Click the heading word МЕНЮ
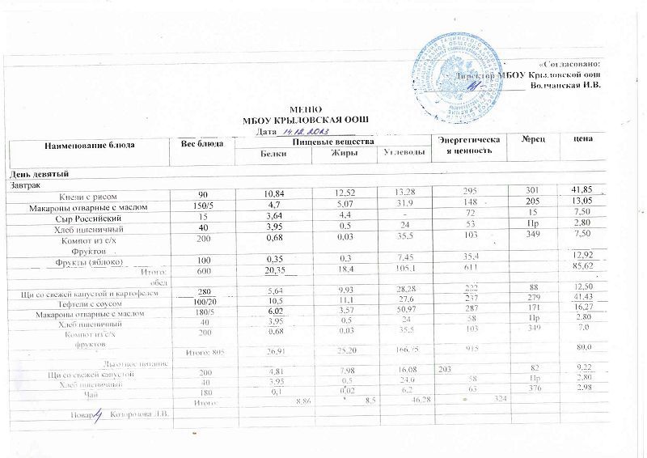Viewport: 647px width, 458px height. click(x=306, y=109)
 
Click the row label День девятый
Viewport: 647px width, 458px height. click(x=39, y=175)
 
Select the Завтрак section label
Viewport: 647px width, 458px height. click(x=26, y=185)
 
